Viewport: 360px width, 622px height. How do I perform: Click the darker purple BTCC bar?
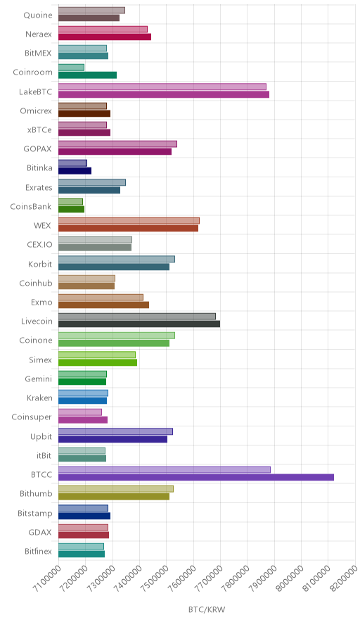[196, 477]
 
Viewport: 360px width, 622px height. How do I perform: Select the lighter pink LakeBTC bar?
[162, 87]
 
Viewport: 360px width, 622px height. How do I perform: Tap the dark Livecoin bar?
[139, 324]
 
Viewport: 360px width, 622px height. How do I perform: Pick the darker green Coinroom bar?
[87, 75]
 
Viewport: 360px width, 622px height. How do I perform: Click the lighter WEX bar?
[129, 220]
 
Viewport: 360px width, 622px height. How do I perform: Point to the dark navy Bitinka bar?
[75, 171]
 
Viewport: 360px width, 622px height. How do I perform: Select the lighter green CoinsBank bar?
[70, 201]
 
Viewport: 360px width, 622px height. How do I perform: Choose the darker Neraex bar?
[105, 37]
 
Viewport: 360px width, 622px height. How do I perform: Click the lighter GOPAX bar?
[117, 144]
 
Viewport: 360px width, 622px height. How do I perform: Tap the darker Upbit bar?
[112, 439]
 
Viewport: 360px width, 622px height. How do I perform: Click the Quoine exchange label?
[38, 15]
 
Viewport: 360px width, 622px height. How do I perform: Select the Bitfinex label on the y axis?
[38, 551]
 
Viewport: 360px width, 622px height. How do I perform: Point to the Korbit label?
[40, 264]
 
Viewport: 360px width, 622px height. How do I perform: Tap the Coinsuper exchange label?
[32, 417]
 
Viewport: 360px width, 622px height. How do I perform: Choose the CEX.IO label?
[39, 244]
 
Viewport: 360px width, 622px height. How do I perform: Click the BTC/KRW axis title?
[207, 609]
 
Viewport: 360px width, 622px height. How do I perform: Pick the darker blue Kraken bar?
[82, 400]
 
